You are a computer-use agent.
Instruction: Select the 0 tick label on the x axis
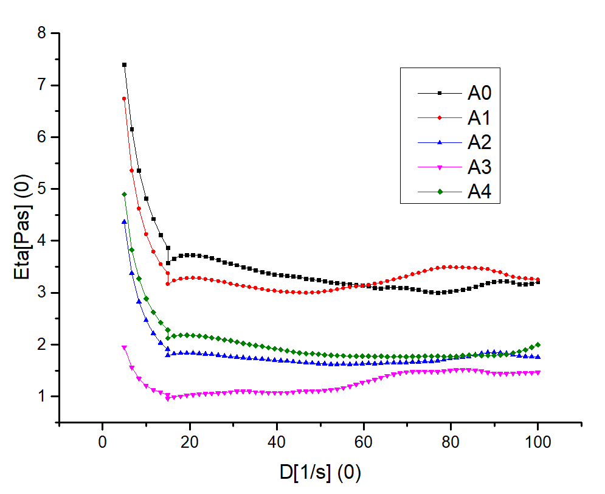[x=102, y=443]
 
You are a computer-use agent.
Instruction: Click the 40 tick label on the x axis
[x=277, y=443]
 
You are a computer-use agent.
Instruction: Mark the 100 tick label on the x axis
[x=538, y=443]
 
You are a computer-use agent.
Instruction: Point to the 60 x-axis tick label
[x=364, y=443]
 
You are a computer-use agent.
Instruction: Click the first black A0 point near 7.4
[x=124, y=64]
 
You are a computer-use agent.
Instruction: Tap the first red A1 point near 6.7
[x=124, y=98]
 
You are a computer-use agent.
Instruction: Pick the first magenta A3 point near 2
[x=124, y=347]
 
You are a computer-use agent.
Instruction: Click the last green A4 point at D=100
[x=538, y=344]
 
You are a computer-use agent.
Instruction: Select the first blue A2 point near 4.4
[x=124, y=222]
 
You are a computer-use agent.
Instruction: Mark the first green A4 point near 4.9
[x=124, y=194]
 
